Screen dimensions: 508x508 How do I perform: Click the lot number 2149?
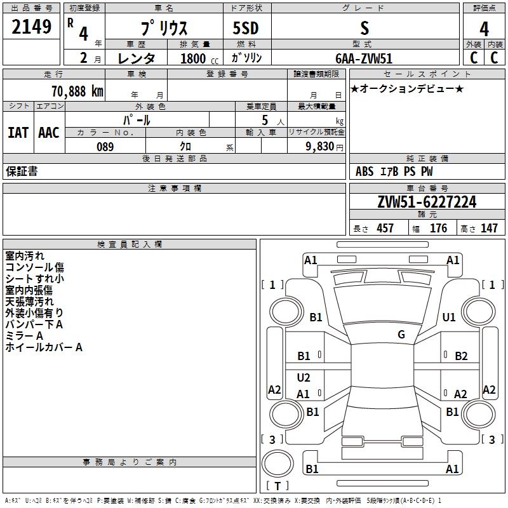tap(32, 27)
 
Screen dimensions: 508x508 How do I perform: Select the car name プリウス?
tap(163, 29)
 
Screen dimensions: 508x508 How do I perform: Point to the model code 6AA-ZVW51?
tap(364, 58)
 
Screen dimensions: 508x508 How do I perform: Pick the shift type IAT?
tap(18, 133)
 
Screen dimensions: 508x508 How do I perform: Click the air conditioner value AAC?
tap(48, 133)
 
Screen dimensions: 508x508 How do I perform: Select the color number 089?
tap(105, 147)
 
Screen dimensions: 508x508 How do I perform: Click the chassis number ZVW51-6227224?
tap(426, 202)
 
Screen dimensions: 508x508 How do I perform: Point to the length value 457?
tap(385, 228)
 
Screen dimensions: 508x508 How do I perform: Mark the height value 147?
tap(489, 228)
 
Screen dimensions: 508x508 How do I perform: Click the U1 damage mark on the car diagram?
tap(449, 317)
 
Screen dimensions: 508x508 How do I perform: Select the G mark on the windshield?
tap(401, 335)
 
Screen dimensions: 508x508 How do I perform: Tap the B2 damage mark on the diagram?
tap(461, 356)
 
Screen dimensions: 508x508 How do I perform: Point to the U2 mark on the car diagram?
tap(304, 378)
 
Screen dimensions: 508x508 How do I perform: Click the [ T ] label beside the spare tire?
tap(277, 486)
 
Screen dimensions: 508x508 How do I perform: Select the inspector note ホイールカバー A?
tap(44, 347)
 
